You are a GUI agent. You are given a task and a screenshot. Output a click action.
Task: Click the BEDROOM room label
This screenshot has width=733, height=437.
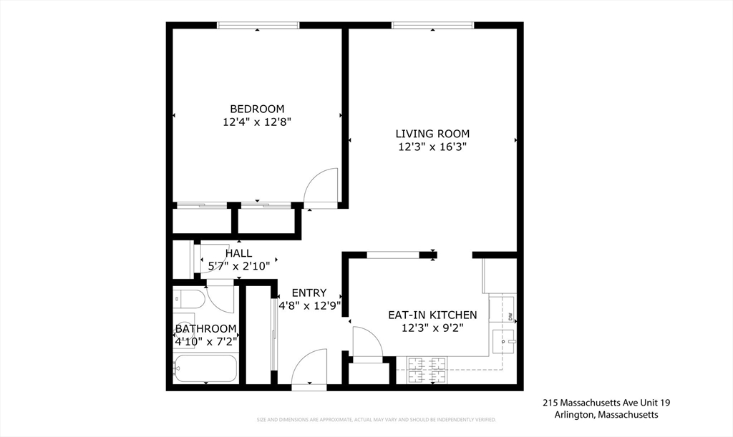tap(257, 109)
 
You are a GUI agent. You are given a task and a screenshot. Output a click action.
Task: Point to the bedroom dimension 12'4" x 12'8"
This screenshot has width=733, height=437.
tap(257, 122)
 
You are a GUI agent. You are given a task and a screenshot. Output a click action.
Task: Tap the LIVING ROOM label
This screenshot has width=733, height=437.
tap(432, 134)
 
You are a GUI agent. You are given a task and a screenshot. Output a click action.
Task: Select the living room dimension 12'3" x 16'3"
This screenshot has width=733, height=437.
tap(432, 147)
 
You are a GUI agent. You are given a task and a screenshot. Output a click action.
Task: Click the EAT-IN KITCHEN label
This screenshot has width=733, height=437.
tap(432, 315)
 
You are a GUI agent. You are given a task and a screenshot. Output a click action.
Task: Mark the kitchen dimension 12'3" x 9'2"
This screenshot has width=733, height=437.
tap(432, 328)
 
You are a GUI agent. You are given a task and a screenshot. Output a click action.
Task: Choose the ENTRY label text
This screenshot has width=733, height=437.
tap(309, 293)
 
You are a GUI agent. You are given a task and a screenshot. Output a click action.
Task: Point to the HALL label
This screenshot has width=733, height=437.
tap(238, 253)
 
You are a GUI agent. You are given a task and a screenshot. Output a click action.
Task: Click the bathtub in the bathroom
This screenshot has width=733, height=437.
tap(205, 368)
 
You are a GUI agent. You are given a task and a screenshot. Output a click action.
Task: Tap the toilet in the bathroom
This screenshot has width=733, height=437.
tap(188, 298)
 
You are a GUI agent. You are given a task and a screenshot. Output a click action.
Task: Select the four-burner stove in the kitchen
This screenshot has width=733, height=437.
tap(427, 369)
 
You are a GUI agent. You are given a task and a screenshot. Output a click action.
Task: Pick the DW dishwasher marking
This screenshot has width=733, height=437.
tap(510, 317)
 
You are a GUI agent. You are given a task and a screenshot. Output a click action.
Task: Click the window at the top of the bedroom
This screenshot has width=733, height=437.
tap(258, 25)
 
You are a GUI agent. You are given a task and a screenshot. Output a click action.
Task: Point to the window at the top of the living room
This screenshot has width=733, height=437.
tap(432, 25)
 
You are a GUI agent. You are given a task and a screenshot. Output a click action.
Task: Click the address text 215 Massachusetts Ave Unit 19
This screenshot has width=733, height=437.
tap(606, 403)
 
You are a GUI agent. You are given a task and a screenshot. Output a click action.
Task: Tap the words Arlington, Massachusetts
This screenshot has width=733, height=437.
tap(606, 415)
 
